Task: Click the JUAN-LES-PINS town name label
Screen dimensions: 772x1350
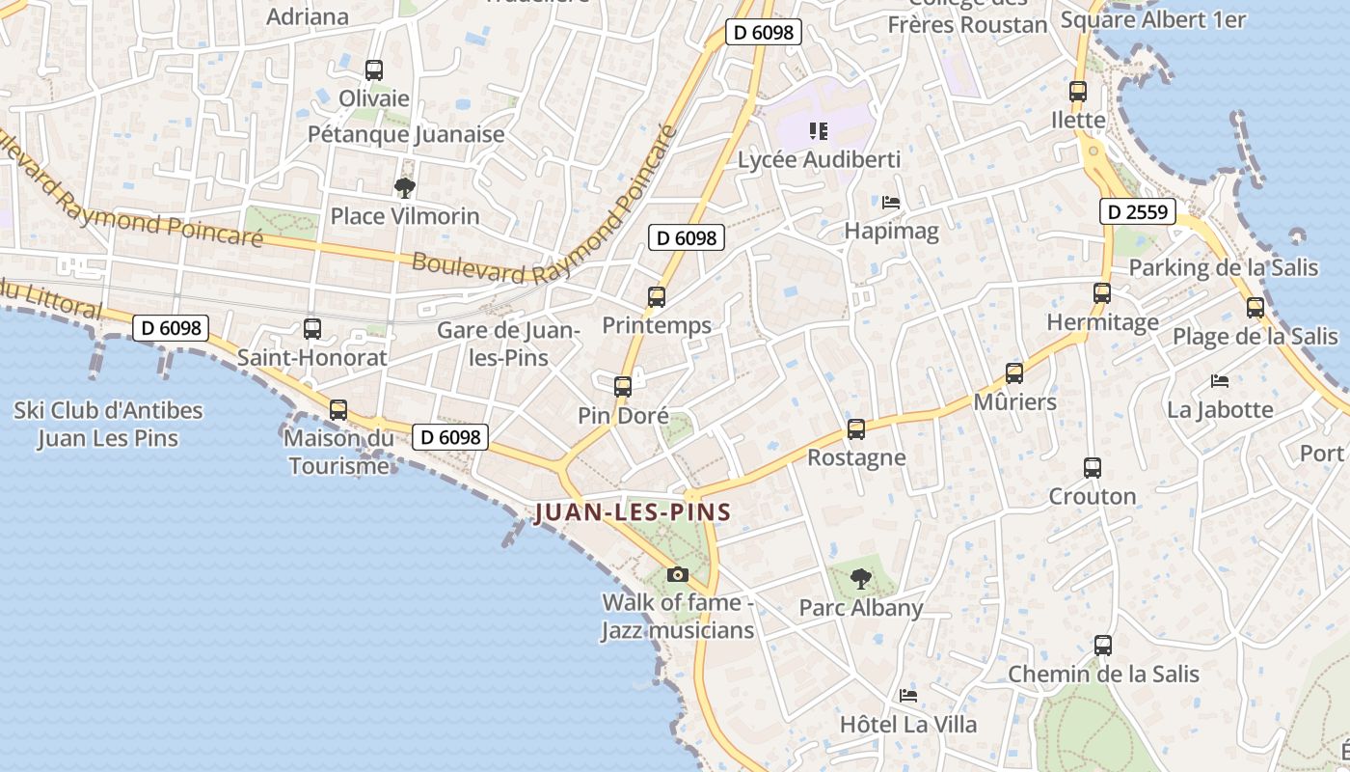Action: (x=633, y=512)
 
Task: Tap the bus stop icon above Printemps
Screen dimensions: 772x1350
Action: (x=657, y=297)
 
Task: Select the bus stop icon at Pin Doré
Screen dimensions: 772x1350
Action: (x=623, y=387)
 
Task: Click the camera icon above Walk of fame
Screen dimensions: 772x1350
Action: (x=678, y=574)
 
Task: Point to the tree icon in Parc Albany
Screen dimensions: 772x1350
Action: (x=861, y=579)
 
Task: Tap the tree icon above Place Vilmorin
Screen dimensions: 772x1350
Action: (x=405, y=187)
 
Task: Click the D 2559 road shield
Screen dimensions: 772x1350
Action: (x=1139, y=211)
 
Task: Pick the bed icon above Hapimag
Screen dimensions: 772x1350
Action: (x=891, y=203)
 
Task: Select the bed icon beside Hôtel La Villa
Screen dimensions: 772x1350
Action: (x=907, y=696)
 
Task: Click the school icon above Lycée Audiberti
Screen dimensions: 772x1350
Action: (x=819, y=130)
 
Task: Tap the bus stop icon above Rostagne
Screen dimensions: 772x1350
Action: (x=856, y=429)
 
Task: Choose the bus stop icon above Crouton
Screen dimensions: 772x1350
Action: (x=1093, y=468)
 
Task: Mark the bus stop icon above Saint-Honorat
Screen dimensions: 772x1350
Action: (x=312, y=329)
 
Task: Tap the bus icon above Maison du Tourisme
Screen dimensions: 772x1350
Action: (x=338, y=410)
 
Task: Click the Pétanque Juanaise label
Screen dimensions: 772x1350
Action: (x=406, y=134)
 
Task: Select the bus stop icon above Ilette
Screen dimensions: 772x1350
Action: (x=1078, y=92)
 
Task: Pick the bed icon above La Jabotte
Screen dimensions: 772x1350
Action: (x=1220, y=381)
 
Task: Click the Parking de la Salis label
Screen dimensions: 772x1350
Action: (x=1224, y=267)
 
